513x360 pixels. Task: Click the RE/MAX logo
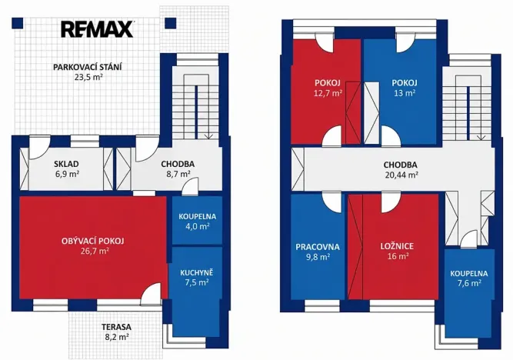[x=97, y=29]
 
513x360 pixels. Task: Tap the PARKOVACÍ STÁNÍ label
[x=88, y=68]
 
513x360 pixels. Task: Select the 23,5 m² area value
[x=88, y=77]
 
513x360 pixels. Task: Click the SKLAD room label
[x=66, y=164]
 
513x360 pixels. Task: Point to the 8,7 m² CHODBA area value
[x=178, y=174]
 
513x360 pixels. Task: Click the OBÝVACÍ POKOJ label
[x=93, y=242]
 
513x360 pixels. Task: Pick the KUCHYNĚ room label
[x=197, y=272]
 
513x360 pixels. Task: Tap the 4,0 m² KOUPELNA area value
[x=198, y=226]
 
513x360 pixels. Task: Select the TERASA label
[x=116, y=327]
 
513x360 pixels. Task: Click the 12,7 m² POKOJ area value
[x=328, y=93]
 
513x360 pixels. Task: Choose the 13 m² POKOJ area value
[x=405, y=93]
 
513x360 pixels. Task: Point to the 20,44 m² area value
[x=401, y=175]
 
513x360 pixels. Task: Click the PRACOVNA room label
[x=318, y=247]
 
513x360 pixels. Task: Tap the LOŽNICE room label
[x=397, y=246]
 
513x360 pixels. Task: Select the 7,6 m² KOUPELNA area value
[x=469, y=283]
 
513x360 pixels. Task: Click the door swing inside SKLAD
[x=39, y=148]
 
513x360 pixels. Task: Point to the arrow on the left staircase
[x=208, y=136]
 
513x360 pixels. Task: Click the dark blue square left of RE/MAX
[x=18, y=23]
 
